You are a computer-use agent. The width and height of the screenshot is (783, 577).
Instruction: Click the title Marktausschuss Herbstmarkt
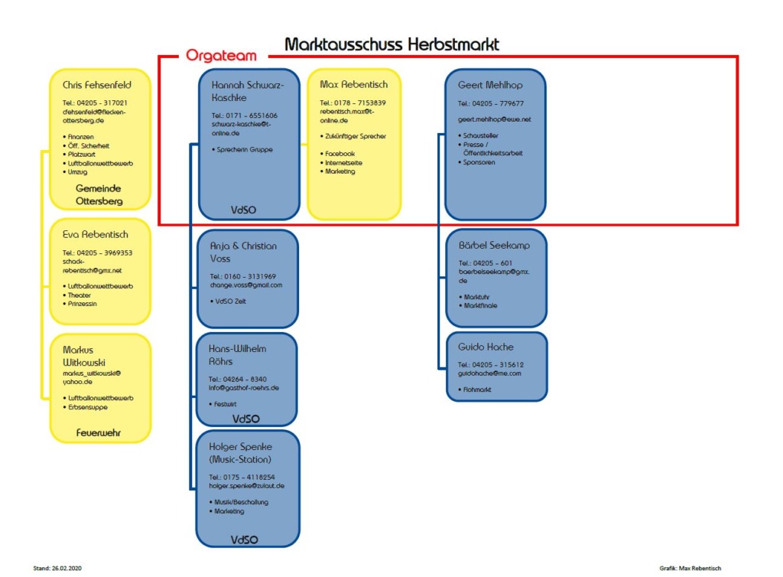pyautogui.click(x=391, y=44)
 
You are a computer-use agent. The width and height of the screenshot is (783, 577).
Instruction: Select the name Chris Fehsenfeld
pyautogui.click(x=98, y=85)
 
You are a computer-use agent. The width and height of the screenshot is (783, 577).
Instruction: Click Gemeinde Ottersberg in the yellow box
pyautogui.click(x=99, y=195)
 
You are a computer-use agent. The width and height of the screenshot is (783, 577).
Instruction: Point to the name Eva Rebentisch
pyautogui.click(x=96, y=235)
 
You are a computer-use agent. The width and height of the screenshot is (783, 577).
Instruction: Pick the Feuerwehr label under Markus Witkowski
pyautogui.click(x=99, y=433)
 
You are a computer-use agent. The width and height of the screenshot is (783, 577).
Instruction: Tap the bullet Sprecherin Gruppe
pyautogui.click(x=244, y=150)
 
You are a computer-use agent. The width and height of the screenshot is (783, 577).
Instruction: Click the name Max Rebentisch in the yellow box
pyautogui.click(x=353, y=84)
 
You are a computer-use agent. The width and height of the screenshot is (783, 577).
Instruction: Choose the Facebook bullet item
pyautogui.click(x=339, y=154)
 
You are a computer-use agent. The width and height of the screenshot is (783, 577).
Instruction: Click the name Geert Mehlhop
pyautogui.click(x=490, y=85)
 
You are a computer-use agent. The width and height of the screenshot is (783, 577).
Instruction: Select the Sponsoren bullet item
pyautogui.click(x=479, y=162)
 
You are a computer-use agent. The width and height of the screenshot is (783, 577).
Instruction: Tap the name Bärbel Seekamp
pyautogui.click(x=494, y=246)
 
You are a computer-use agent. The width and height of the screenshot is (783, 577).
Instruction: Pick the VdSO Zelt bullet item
pyautogui.click(x=230, y=302)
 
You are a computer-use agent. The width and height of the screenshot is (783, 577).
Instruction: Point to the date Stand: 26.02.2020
pyautogui.click(x=57, y=569)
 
